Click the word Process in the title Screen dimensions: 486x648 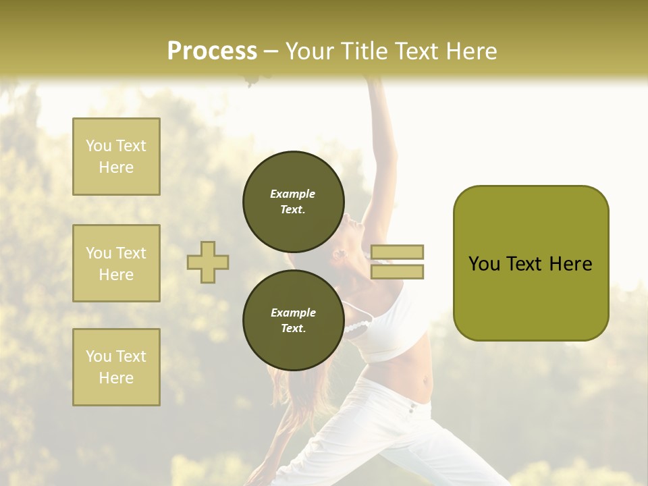pos(212,51)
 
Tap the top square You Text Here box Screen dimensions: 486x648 pos(116,157)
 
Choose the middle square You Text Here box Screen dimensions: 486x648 pos(116,263)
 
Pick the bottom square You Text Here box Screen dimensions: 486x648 pos(116,367)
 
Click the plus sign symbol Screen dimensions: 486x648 pos(208,262)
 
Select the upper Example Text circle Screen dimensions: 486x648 pos(294,202)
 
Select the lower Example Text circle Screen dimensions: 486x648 pos(294,321)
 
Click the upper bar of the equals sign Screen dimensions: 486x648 pos(397,252)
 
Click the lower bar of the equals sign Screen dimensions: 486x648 pos(397,272)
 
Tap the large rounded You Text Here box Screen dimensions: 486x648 pos(531,263)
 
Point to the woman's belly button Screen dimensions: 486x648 pos(425,381)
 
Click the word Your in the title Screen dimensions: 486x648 pos(310,51)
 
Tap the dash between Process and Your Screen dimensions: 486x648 pos(271,52)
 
